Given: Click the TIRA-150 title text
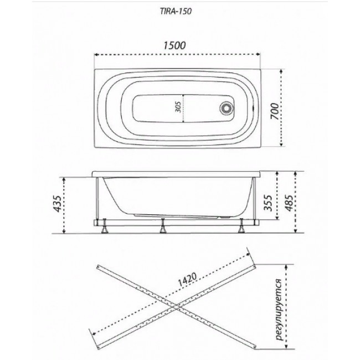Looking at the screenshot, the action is [x=176, y=12].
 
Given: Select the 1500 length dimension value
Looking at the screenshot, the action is [x=174, y=45].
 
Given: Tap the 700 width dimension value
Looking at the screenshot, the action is [x=275, y=111].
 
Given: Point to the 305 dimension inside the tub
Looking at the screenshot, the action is [x=178, y=107].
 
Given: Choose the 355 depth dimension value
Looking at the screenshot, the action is [x=268, y=202].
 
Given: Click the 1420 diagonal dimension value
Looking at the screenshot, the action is [x=188, y=279].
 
